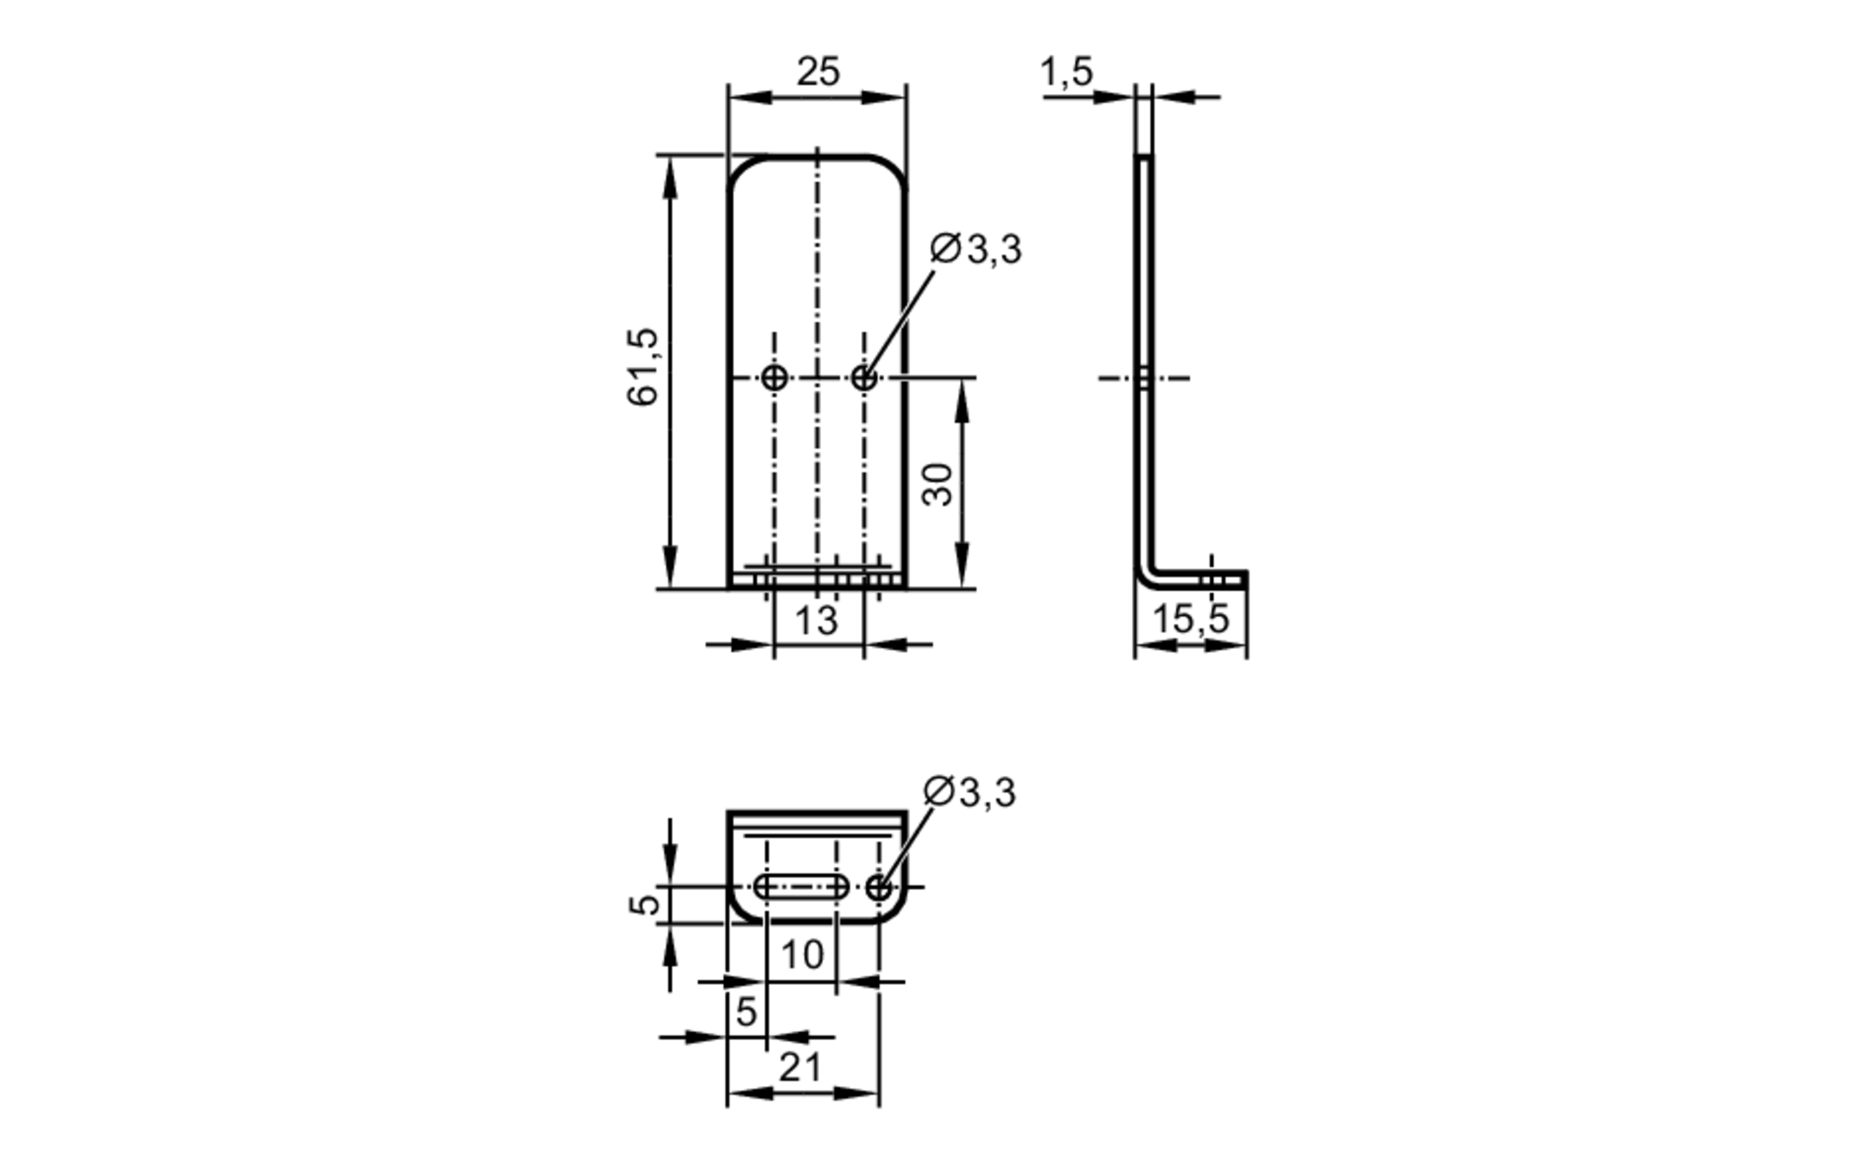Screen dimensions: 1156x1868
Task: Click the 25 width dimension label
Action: point(817,72)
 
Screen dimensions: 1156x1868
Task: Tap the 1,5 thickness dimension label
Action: point(1066,72)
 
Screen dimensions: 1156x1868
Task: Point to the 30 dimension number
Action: point(938,484)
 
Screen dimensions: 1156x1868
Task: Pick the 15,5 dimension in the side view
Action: point(1190,619)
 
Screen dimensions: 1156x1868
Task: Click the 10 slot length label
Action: point(801,954)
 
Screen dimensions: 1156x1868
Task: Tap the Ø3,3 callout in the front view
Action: point(976,249)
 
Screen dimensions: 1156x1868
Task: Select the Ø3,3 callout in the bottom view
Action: point(969,792)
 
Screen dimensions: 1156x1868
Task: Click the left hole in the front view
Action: point(774,378)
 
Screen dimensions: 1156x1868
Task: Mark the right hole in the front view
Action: point(865,378)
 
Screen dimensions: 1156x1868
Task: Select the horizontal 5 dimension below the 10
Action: point(745,1011)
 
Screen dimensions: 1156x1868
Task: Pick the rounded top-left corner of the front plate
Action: point(740,169)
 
